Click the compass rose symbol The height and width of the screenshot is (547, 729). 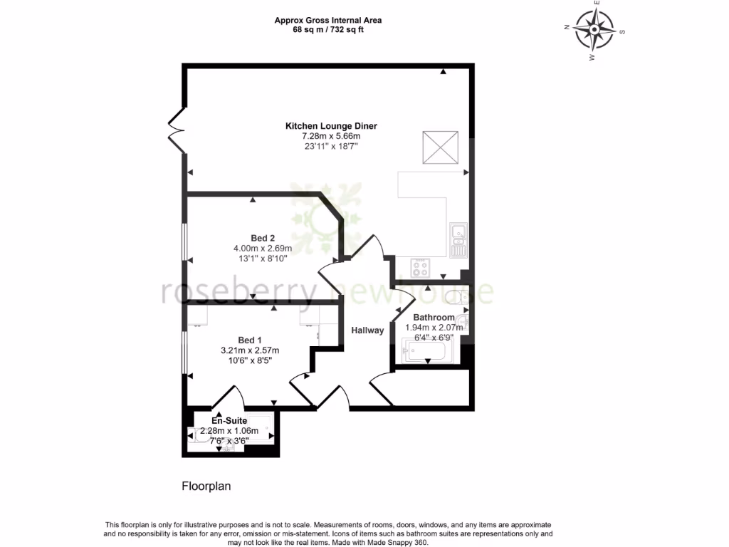click(594, 30)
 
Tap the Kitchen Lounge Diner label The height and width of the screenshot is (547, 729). click(331, 126)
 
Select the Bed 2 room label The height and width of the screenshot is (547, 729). click(262, 238)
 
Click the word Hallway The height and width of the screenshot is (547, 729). click(367, 330)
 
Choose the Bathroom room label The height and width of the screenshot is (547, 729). click(434, 318)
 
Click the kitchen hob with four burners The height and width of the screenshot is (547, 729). click(420, 268)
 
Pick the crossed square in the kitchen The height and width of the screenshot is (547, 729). click(441, 147)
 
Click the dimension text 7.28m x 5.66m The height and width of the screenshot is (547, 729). click(331, 136)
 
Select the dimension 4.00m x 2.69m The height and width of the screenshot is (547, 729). click(262, 249)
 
